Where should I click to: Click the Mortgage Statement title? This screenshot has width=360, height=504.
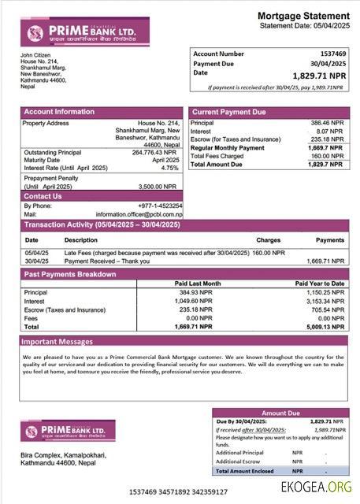pos(303,16)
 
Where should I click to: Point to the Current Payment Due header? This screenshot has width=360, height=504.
pos(228,113)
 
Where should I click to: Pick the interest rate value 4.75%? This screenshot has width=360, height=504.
pos(169,168)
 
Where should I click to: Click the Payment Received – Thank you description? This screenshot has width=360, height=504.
pos(110,261)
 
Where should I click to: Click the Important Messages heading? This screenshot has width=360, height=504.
pos(58,342)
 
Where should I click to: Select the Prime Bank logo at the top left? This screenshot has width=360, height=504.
pos(67,32)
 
